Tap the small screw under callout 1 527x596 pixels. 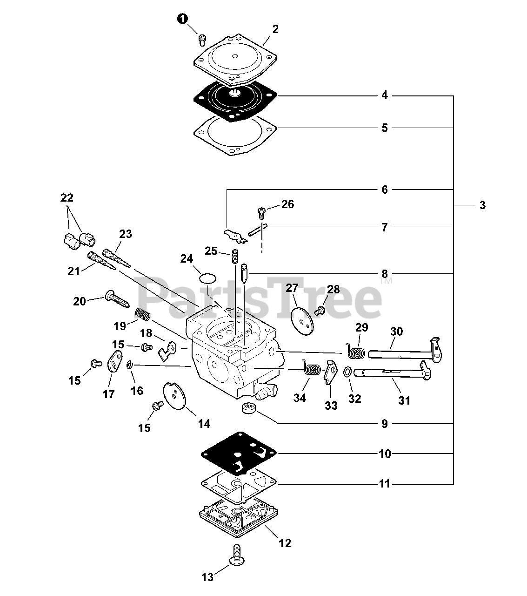pyautogui.click(x=202, y=40)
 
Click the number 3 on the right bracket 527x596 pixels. pyautogui.click(x=482, y=205)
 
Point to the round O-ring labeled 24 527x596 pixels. pyautogui.click(x=208, y=278)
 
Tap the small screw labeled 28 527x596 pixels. pyautogui.click(x=320, y=310)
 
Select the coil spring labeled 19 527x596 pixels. pyautogui.click(x=143, y=315)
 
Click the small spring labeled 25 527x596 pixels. pyautogui.click(x=235, y=257)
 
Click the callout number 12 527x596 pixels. pyautogui.click(x=285, y=543)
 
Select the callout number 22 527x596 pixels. pyautogui.click(x=67, y=197)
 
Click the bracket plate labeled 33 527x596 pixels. pyautogui.click(x=331, y=372)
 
